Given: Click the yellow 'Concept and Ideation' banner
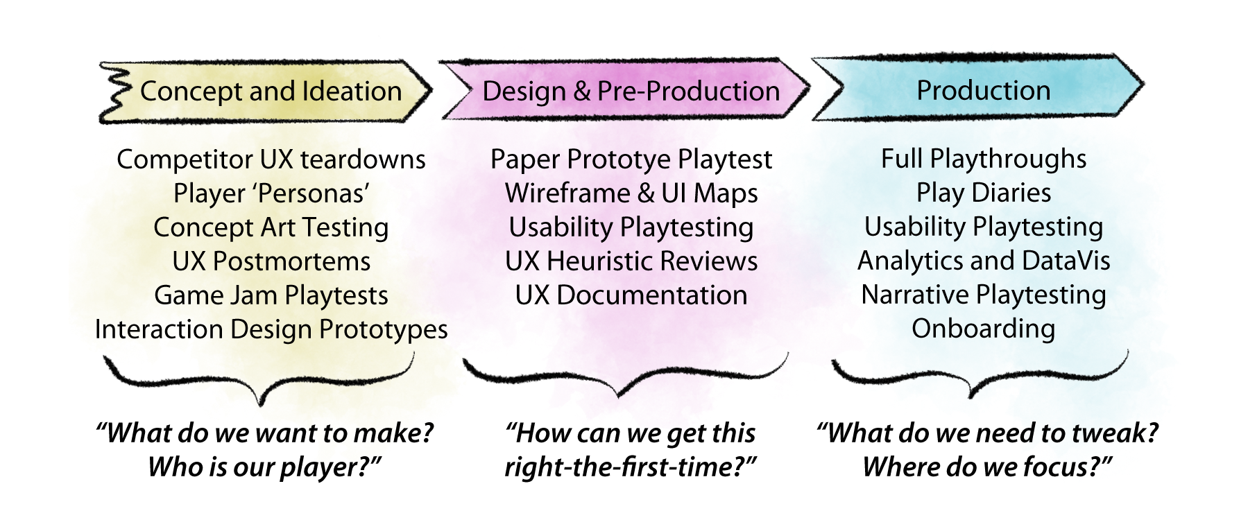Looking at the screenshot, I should [271, 92].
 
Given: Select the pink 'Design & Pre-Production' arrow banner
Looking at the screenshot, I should [630, 92].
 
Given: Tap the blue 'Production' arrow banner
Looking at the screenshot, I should [983, 91].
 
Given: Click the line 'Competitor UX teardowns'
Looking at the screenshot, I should [271, 159].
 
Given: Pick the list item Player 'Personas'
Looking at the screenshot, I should [271, 193].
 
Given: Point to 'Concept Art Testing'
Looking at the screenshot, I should [271, 227].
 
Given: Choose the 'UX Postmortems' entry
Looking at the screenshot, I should [271, 261].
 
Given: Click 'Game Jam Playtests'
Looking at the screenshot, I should [271, 295].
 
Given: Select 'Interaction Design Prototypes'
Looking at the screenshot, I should [271, 329].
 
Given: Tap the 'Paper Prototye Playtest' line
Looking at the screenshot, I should [631, 159].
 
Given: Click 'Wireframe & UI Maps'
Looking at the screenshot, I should [631, 193].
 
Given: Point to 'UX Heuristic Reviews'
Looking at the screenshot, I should [631, 261].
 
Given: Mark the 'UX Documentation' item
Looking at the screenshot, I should [631, 295].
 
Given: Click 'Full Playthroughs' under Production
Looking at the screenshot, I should [983, 159].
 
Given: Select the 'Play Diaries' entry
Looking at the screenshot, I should [983, 193].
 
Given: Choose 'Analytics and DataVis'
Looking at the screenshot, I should [983, 261].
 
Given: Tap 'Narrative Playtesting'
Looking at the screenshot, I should [983, 295].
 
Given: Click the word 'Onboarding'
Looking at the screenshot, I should [983, 329].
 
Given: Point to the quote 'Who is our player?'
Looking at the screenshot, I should [264, 467].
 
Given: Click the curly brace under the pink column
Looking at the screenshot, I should [624, 378].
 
